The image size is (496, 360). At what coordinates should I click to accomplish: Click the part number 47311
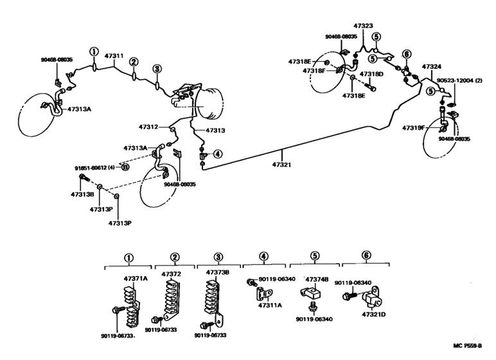point(114,56)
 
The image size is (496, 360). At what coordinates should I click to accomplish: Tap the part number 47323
point(362,26)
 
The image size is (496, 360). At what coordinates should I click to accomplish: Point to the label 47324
point(432,66)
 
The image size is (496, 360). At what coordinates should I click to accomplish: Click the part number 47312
point(148,127)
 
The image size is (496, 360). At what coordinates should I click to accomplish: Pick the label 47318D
point(371,74)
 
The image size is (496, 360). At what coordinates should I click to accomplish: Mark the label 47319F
point(414,129)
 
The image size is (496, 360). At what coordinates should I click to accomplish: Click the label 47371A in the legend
point(136,278)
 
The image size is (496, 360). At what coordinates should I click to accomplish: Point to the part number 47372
point(170,274)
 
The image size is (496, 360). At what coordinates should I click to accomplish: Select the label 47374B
point(316,280)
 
